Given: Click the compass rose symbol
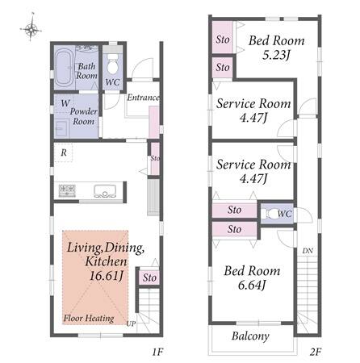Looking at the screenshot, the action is tap(31, 29).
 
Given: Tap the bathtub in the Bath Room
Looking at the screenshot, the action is tap(65, 67).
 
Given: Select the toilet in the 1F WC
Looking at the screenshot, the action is tap(112, 65).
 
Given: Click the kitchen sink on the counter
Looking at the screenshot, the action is tap(105, 190).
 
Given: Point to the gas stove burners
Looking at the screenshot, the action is tap(67, 190).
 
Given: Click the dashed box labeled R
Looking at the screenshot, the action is tap(63, 152).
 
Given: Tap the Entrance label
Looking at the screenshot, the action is tap(143, 98).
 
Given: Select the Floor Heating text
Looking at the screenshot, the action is tap(89, 319).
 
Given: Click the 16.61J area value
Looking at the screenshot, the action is tap(107, 276).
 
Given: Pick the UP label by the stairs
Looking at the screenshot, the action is tap(131, 324).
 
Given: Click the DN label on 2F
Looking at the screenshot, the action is tap(308, 251).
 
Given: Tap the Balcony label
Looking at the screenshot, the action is tap(250, 336).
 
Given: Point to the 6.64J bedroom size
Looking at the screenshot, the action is tap(252, 285).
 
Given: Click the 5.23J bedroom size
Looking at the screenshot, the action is tap(276, 55).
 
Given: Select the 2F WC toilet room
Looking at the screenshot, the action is tap(277, 214).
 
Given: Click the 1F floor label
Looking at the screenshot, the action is tap(157, 352).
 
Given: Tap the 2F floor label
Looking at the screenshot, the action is tap(316, 352).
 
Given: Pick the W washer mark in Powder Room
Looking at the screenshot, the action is tap(65, 103).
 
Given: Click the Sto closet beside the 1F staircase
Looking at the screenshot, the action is tap(149, 277).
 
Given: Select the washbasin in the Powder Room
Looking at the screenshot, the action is tap(61, 128).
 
